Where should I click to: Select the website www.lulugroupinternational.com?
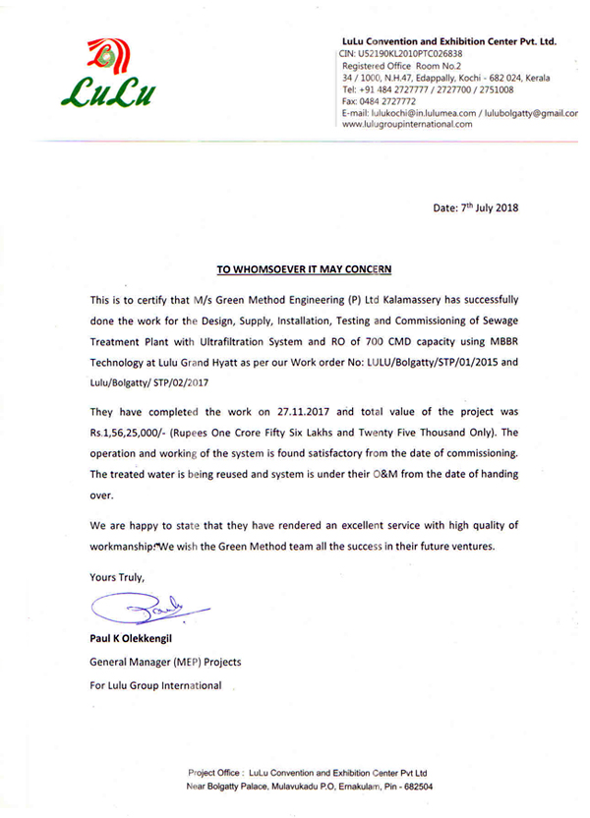click(406, 125)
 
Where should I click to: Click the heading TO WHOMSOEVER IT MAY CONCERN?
click(303, 267)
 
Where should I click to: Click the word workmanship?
click(121, 546)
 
